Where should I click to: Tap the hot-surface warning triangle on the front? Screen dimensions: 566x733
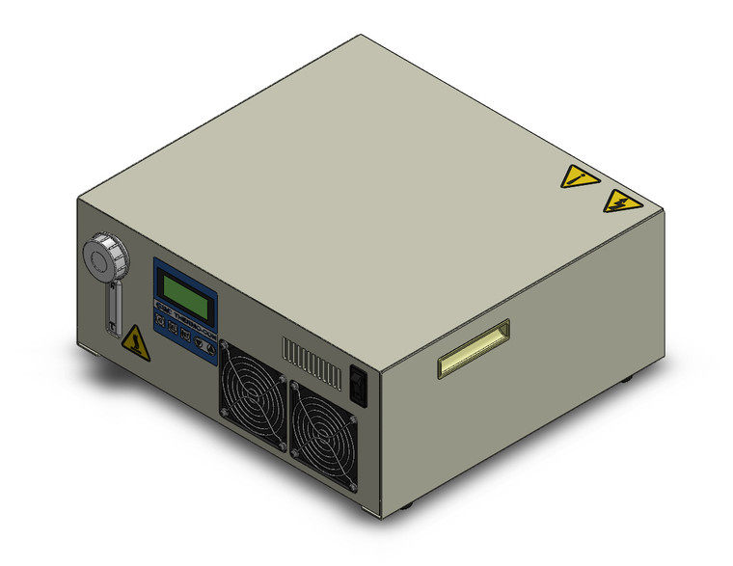pyautogui.click(x=136, y=342)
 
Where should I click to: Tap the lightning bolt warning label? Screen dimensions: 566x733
pyautogui.click(x=622, y=202)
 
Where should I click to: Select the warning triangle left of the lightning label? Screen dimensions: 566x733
pyautogui.click(x=579, y=177)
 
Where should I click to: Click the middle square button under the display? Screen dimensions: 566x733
pyautogui.click(x=173, y=329)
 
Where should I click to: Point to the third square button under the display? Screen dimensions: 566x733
pyautogui.click(x=184, y=335)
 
